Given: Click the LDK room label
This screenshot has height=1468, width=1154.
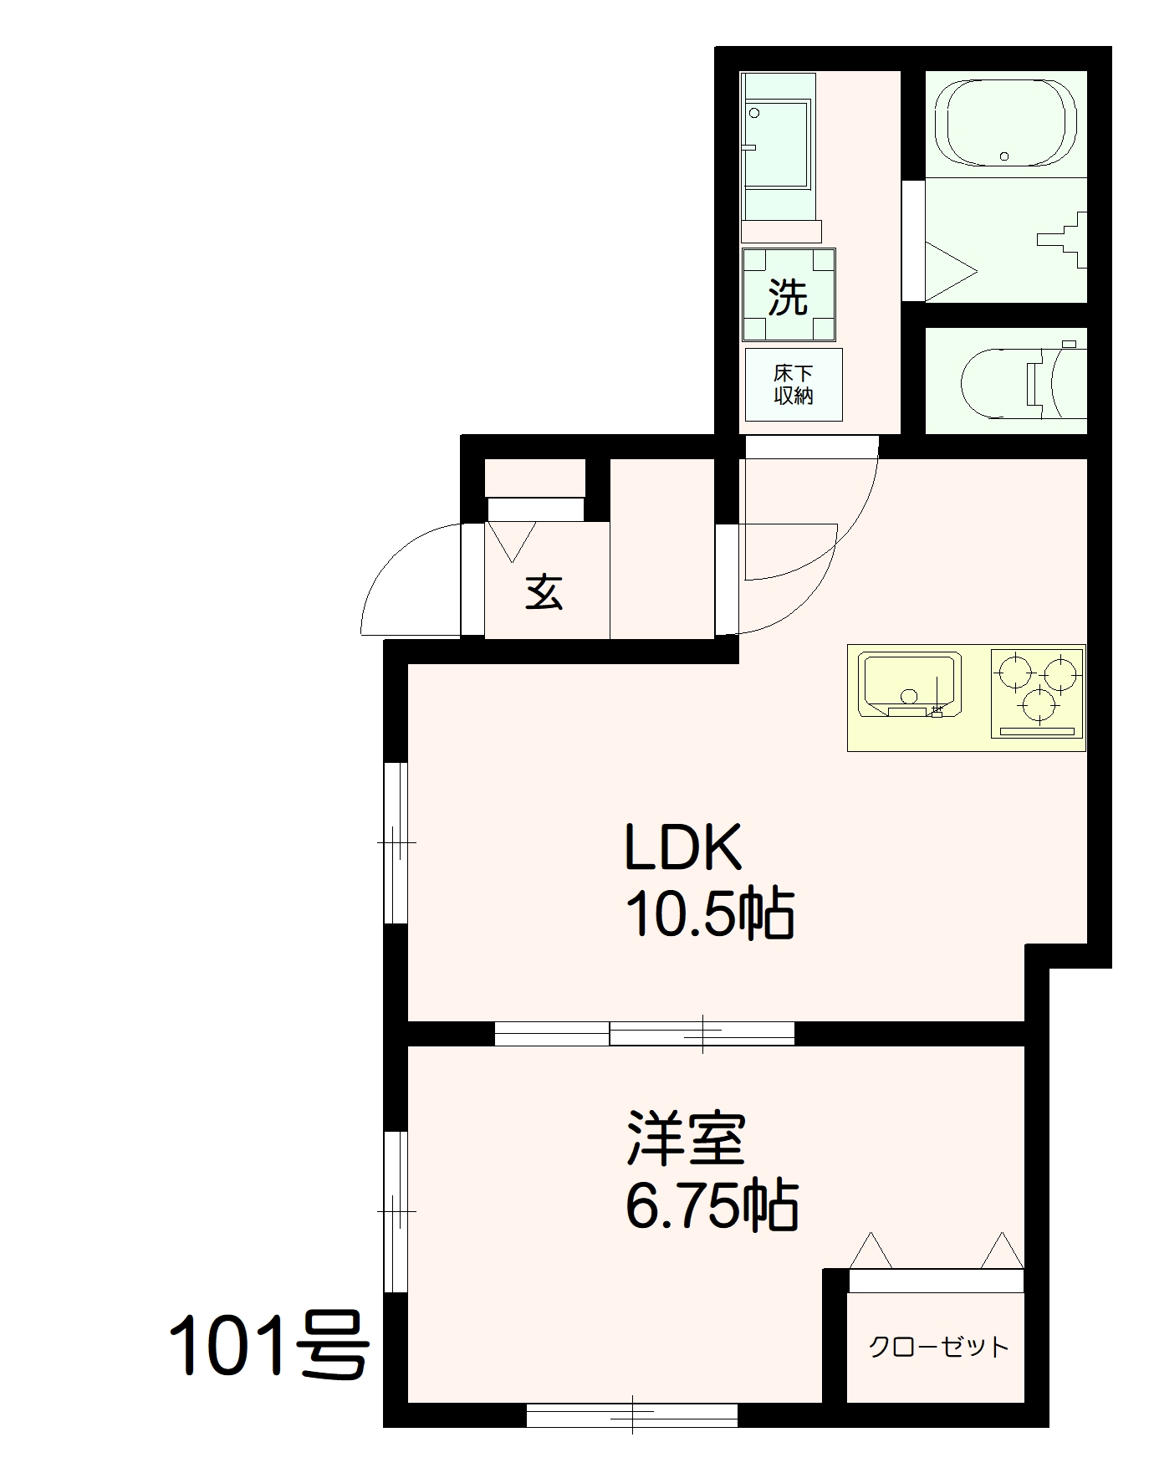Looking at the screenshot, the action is (683, 847).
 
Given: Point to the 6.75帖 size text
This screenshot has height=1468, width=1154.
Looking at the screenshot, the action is (712, 1205).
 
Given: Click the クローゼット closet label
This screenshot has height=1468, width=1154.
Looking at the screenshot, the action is (938, 1346).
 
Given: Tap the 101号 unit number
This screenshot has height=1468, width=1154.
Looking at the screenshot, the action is (269, 1346).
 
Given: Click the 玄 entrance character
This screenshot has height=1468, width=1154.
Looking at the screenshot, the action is (544, 592).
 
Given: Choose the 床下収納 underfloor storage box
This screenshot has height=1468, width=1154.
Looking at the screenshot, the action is (794, 384).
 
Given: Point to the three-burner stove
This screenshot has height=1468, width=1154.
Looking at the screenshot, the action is (1037, 693).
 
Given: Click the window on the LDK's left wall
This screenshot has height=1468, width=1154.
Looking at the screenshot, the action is (396, 843).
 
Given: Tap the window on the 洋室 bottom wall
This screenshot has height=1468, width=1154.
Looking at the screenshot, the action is (632, 1415).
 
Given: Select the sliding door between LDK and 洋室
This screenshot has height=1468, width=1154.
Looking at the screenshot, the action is (644, 1034).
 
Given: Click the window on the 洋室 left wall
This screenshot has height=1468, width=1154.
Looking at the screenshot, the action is (396, 1212).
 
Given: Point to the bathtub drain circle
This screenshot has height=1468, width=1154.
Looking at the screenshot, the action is (1004, 156).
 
